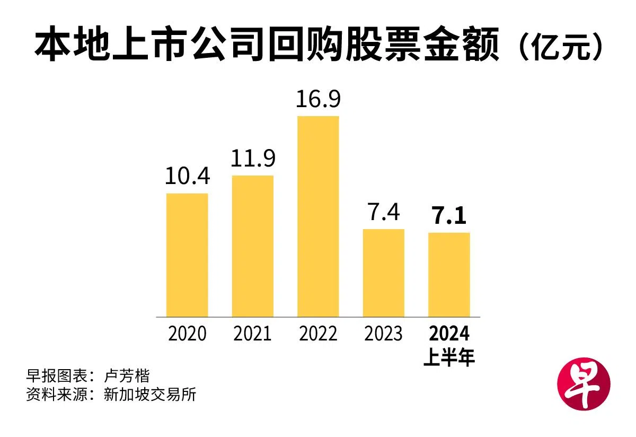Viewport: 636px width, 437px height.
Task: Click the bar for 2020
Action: coord(187,255)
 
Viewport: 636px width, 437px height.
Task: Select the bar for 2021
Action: coord(253,246)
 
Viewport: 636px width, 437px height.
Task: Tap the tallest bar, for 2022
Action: coord(318,216)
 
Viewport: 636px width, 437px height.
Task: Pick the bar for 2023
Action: coord(384,273)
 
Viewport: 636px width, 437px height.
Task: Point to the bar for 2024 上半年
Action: coord(449,275)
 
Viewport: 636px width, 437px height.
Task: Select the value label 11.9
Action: coord(253,159)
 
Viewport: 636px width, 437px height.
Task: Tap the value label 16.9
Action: coord(318,99)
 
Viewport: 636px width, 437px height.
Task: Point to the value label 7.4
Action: coord(384,212)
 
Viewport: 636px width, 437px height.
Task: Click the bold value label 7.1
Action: coord(449,216)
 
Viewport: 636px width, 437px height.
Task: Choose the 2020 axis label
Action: coord(187,334)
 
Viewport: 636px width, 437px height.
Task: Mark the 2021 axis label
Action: coord(253,334)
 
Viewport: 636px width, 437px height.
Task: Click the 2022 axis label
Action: coord(318,334)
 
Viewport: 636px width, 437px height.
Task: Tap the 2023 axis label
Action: coord(384,334)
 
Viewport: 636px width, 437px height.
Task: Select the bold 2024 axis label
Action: coord(449,334)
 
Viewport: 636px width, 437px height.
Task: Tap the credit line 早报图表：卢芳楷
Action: coord(88,376)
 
